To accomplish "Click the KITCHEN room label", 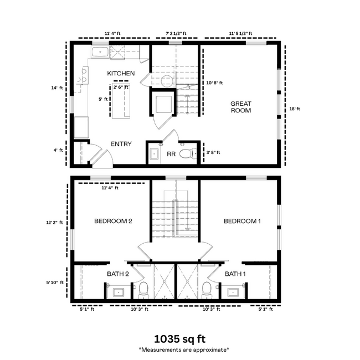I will click(x=121, y=73).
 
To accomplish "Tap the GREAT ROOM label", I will click(x=241, y=107).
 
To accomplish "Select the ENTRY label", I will click(x=121, y=144).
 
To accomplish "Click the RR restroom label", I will click(x=171, y=154).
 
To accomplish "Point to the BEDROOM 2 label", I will click(x=113, y=222).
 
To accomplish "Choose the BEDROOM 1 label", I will click(x=242, y=222).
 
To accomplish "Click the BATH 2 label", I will click(x=118, y=274).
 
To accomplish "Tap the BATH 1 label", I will click(x=235, y=274).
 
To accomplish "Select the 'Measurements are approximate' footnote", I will click(x=183, y=349).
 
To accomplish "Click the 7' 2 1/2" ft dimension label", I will click(x=176, y=33).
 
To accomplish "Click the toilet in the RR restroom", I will click(x=189, y=154).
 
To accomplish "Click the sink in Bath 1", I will click(x=232, y=291).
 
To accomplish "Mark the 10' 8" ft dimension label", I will click(x=214, y=83).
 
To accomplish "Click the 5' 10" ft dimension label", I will click(x=54, y=282).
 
